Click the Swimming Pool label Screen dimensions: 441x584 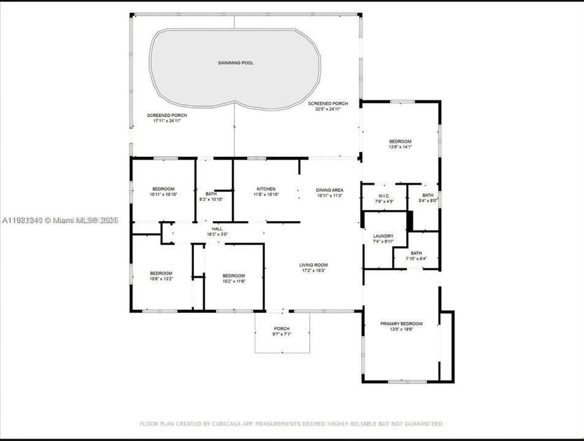pos(236,63)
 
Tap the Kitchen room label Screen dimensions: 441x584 pos(266,189)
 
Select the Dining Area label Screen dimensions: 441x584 pos(329,190)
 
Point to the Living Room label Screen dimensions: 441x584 pos(313,265)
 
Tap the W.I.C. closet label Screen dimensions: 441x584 pos(384,196)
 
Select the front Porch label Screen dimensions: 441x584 pos(282,329)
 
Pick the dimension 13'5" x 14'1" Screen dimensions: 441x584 pos(400,147)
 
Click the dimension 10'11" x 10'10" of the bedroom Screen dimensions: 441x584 pos(163,195)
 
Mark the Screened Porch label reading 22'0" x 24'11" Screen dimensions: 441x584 pos(328,110)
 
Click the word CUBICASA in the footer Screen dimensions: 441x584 pos(228,423)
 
